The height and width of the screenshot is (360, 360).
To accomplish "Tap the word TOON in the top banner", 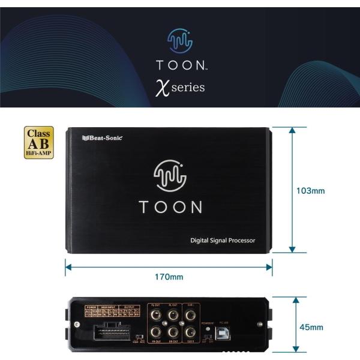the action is point(178,65).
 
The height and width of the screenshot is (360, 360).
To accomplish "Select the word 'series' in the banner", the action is point(188,87).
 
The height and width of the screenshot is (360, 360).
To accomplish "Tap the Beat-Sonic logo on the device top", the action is point(102,137).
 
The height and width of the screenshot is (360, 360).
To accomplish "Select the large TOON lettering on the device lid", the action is point(170,207).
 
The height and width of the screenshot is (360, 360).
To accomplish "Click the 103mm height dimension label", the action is point(311,191).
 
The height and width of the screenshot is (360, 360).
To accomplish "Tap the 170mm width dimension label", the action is point(169,277).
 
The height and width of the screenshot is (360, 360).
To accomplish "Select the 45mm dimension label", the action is point(311,327).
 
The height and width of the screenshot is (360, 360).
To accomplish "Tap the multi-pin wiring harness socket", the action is point(112,332).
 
